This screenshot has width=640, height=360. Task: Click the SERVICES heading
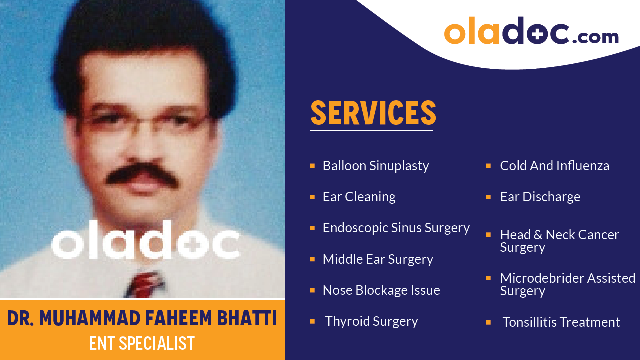[373, 113]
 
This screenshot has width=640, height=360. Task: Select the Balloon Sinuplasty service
[376, 166]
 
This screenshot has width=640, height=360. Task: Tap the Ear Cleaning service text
[359, 197]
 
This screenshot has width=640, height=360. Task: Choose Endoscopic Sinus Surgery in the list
[396, 228]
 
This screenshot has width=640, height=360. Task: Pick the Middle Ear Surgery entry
[378, 259]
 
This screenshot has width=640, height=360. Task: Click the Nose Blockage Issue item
[381, 290]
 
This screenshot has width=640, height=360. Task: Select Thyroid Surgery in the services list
[371, 321]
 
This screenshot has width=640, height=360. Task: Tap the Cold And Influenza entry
[554, 166]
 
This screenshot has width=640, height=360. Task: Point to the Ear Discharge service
[540, 197]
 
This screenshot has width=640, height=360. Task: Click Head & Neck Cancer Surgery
[559, 241]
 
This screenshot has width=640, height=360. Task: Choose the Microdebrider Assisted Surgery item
[567, 284]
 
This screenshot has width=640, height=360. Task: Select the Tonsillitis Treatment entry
[561, 322]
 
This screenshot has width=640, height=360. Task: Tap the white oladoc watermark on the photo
[145, 244]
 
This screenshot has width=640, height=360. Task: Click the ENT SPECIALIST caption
[142, 344]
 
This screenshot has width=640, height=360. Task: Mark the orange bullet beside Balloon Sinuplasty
[312, 165]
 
